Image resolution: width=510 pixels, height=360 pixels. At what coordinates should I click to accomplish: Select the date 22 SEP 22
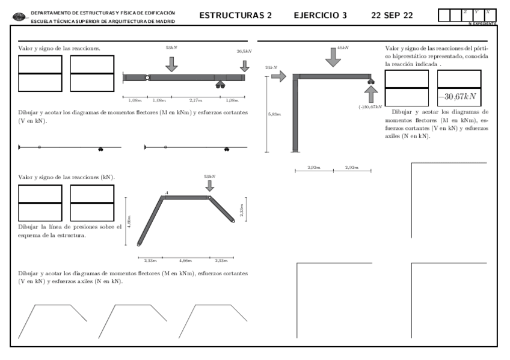[392, 15]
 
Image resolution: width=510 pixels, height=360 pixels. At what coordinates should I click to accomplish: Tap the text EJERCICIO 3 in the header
[320, 15]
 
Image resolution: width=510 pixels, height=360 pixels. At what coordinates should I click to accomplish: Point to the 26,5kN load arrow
[244, 65]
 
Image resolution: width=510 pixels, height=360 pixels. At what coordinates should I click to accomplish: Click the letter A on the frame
[167, 192]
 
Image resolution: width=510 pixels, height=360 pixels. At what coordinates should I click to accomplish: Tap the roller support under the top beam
[220, 85]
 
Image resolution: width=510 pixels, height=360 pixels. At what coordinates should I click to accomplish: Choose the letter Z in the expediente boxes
[464, 12]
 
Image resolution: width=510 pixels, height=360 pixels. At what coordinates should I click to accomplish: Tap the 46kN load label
[343, 47]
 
